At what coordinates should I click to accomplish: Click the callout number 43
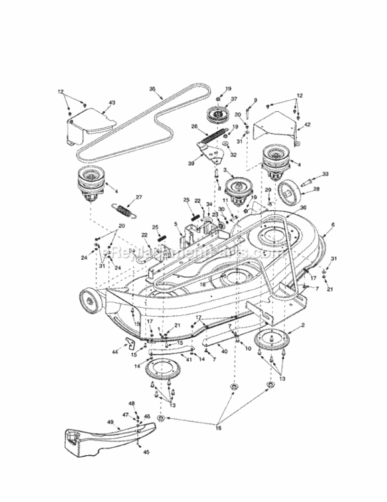pos(112,102)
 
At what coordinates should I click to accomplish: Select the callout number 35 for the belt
pos(152,88)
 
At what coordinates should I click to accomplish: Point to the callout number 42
pos(307,125)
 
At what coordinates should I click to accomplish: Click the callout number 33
pos(325,173)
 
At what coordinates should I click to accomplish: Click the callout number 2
pos(302,325)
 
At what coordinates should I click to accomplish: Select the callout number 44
pos(115,351)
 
